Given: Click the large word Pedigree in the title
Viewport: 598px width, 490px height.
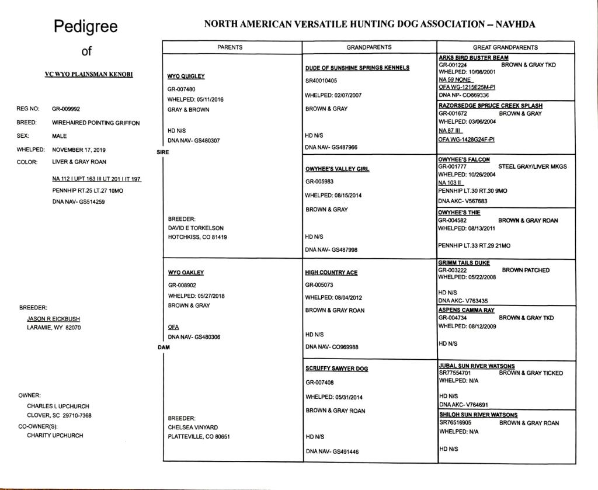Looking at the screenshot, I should [x=86, y=26].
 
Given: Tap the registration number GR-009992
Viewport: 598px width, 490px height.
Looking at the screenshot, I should [x=67, y=109].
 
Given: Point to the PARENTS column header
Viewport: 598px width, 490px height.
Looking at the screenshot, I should [x=230, y=47].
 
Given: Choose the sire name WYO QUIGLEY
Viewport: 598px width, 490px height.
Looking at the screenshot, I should [x=186, y=77].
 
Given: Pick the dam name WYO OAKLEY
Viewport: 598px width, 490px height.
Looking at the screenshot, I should [x=186, y=273].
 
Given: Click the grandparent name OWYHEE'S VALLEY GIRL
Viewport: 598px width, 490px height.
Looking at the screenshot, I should [x=338, y=169].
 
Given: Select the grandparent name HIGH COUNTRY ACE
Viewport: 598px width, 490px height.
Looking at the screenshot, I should [x=331, y=273].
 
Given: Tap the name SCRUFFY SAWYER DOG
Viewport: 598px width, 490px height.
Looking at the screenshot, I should [x=336, y=369].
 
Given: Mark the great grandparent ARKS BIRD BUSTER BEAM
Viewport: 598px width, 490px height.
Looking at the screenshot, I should [x=474, y=58].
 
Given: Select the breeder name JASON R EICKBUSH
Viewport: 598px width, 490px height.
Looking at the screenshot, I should [x=54, y=319].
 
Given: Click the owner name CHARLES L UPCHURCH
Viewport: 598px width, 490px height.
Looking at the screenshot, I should [x=58, y=406].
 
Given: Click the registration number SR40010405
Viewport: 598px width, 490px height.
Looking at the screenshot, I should [x=321, y=80].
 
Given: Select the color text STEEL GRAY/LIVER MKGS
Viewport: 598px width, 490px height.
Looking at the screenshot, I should [x=532, y=166].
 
